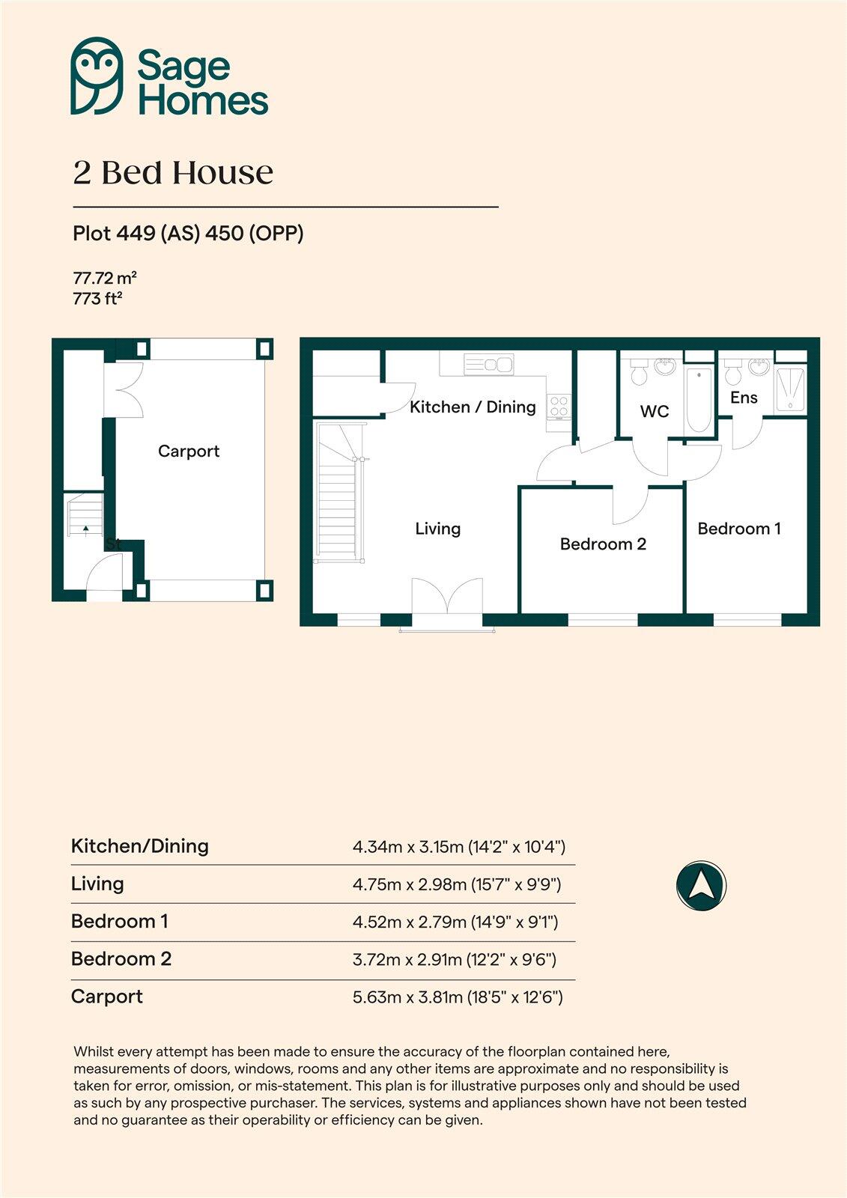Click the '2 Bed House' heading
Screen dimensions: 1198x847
[173, 173]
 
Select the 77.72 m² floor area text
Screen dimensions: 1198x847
[104, 279]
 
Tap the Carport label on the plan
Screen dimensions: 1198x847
[189, 451]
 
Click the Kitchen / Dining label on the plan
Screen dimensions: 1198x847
[473, 407]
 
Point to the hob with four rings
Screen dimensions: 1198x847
[559, 407]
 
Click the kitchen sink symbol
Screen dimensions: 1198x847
[489, 365]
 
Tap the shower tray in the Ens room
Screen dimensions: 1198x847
[789, 389]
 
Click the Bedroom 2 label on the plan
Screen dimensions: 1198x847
[603, 544]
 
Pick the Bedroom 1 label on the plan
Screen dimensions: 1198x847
[739, 529]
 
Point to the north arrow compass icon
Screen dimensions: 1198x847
[701, 886]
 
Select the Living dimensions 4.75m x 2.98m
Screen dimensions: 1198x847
[457, 884]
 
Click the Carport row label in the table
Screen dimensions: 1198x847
[106, 997]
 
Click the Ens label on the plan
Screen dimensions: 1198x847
[744, 398]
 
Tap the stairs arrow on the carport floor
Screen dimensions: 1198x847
[86, 529]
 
